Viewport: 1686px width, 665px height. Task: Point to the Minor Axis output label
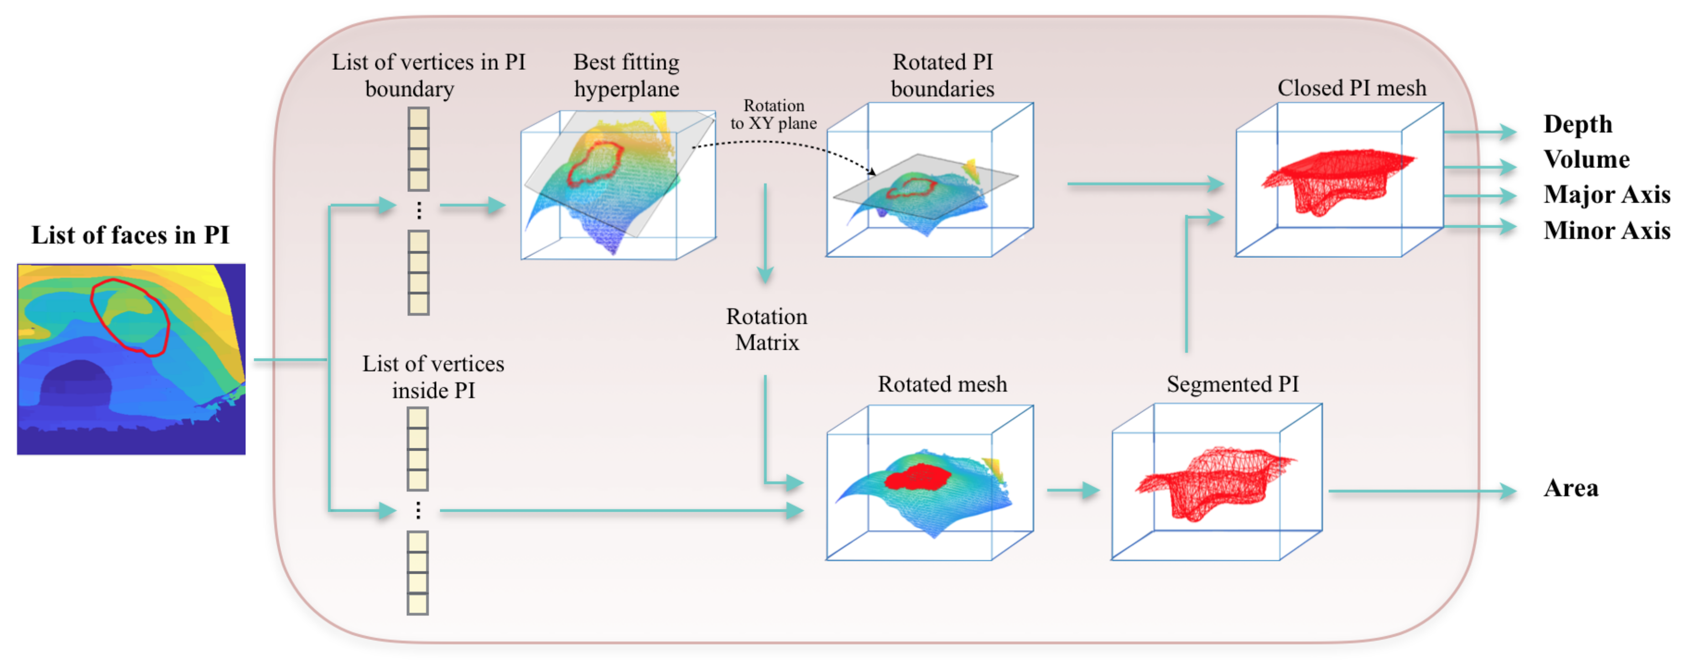pos(1606,230)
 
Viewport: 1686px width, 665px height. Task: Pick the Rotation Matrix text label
pos(766,329)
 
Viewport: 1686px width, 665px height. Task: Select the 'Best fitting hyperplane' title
pos(626,75)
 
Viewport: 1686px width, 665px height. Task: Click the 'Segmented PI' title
pos(1233,384)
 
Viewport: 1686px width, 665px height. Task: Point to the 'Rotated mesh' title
pos(942,384)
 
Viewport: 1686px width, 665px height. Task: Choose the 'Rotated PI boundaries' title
pos(942,75)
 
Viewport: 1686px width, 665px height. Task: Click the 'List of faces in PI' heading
pos(130,235)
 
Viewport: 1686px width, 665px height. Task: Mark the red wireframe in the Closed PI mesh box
pos(1335,177)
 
